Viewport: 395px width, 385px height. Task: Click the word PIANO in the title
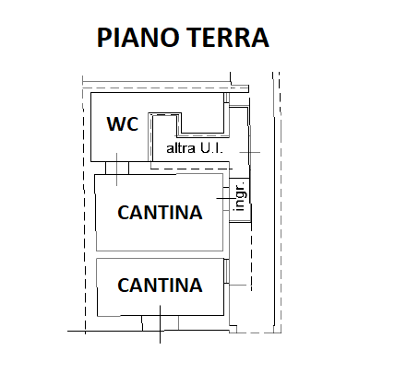[x=138, y=37]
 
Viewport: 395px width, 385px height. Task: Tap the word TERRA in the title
[x=228, y=37]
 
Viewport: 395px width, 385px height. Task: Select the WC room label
[x=123, y=123]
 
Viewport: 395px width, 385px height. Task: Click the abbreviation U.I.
[x=211, y=148]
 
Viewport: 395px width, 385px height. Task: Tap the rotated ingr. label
[x=240, y=195]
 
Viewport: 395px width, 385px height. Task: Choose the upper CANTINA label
[x=160, y=212]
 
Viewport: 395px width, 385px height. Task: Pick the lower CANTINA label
[x=160, y=285]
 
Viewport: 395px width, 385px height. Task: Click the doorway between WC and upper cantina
[x=117, y=168]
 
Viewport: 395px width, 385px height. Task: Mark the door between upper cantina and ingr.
[x=226, y=199]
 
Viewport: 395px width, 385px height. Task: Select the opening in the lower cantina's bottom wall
[x=160, y=323]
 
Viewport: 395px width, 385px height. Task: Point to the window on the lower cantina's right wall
[x=226, y=271]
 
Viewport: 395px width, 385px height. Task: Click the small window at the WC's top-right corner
[x=226, y=98]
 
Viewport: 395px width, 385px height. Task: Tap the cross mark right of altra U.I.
[x=250, y=152]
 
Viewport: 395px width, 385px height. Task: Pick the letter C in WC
[x=133, y=124]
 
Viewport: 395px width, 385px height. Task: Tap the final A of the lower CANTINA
[x=196, y=285]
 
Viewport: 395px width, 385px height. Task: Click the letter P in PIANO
[x=103, y=38]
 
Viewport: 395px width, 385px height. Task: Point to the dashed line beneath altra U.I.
[x=191, y=169]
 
